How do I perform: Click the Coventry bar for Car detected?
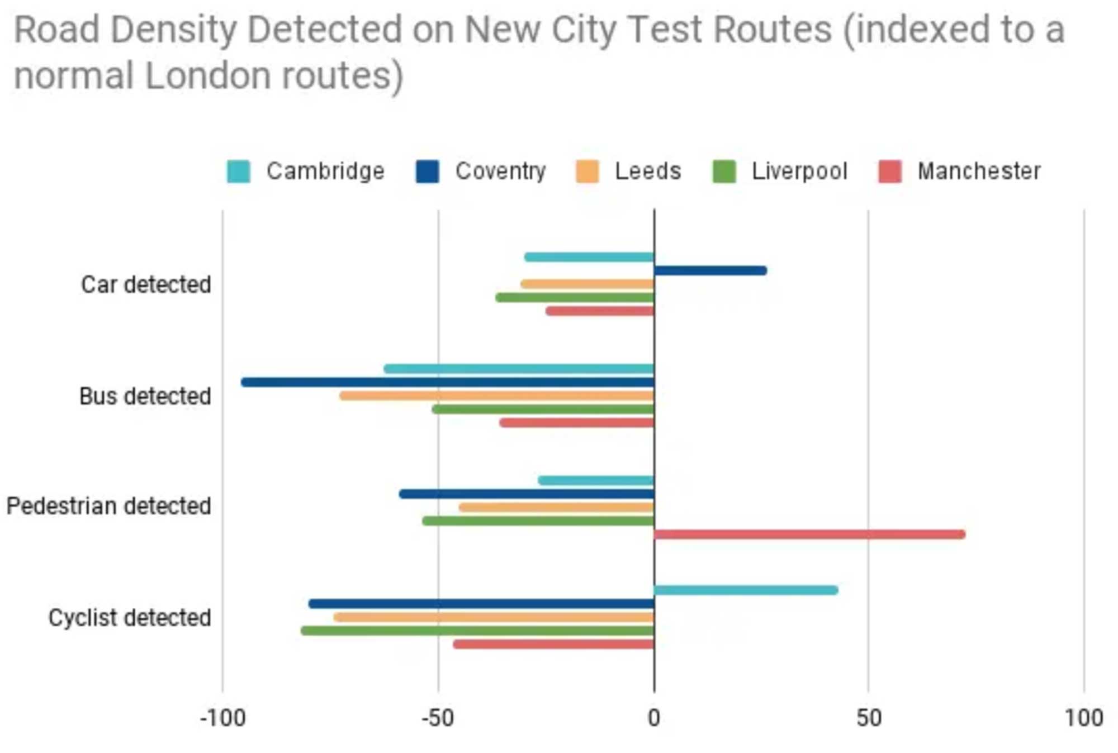point(710,271)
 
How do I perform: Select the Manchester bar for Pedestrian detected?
point(809,535)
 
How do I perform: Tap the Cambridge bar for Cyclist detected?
point(746,590)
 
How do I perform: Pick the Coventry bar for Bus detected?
point(447,383)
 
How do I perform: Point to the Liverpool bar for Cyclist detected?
point(477,631)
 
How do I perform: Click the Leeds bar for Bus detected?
point(496,396)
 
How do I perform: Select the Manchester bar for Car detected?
point(600,311)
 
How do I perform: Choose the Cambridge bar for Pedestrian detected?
point(596,480)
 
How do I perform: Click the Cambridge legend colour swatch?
point(239,171)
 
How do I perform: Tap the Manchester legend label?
point(979,171)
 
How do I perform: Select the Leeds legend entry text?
point(648,171)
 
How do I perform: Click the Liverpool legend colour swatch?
point(724,171)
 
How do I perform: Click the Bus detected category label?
point(145,396)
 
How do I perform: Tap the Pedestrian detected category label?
point(108,506)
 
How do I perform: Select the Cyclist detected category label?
point(130,618)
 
